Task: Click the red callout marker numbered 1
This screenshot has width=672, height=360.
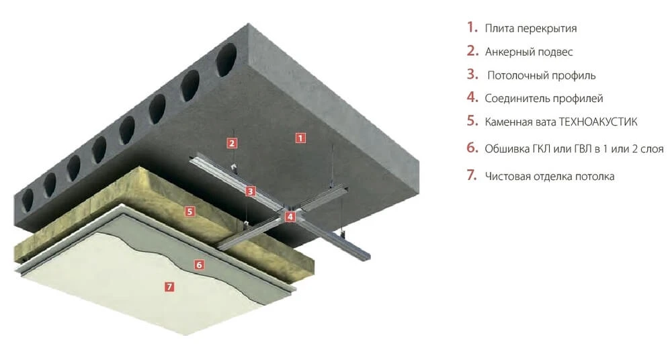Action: pyautogui.click(x=301, y=138)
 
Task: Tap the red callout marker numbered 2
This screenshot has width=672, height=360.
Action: pyautogui.click(x=232, y=143)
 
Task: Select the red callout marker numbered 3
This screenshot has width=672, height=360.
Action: pyautogui.click(x=251, y=191)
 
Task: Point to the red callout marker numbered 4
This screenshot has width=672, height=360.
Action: pyautogui.click(x=290, y=216)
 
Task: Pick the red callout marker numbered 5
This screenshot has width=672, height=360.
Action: pyautogui.click(x=190, y=211)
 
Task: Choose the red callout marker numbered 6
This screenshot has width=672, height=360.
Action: pyautogui.click(x=199, y=265)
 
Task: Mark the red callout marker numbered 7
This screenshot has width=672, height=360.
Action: pyautogui.click(x=170, y=286)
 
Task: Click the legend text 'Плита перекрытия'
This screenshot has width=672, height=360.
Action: pyautogui.click(x=531, y=29)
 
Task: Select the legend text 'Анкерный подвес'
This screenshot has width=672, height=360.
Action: pyautogui.click(x=529, y=52)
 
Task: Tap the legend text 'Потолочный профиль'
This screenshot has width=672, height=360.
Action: pyautogui.click(x=542, y=76)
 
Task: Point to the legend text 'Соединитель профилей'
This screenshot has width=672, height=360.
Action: pyautogui.click(x=544, y=99)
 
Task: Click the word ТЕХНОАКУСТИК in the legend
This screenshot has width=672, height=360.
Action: pyautogui.click(x=598, y=122)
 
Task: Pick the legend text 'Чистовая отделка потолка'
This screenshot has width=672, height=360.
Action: pyautogui.click(x=550, y=176)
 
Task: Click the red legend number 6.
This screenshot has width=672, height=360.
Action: pyautogui.click(x=472, y=148)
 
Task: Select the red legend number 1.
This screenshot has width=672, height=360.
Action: pyautogui.click(x=472, y=28)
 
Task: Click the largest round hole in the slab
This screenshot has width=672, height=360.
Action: pyautogui.click(x=226, y=60)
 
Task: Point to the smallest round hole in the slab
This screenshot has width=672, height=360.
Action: pyautogui.click(x=28, y=199)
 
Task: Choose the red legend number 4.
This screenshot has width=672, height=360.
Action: pyautogui.click(x=472, y=97)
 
